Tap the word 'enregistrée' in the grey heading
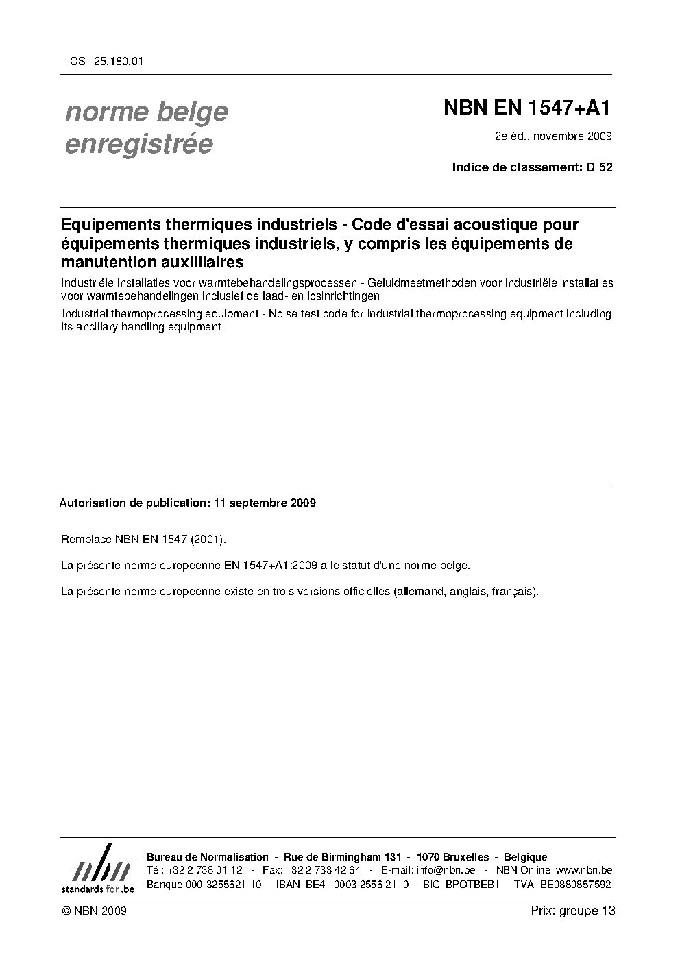coord(138,145)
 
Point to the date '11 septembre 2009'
coord(265,503)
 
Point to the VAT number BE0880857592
coord(575,884)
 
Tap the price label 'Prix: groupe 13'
coord(572,911)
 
